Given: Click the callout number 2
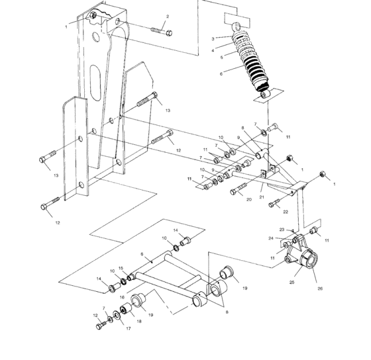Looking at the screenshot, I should coord(167,17).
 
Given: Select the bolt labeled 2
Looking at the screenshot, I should coord(162,30).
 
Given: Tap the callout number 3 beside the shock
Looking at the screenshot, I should coord(213,39).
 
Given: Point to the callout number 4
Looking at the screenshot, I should coord(213,50).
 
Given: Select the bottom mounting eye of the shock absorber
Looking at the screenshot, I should coord(264,95).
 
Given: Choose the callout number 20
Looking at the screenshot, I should coord(249,199).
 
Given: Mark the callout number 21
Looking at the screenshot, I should coord(262,198).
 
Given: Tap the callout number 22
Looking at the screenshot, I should coord(286,212).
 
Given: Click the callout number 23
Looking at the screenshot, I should coord(281,230).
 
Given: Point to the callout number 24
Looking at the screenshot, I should coord(271,238).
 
